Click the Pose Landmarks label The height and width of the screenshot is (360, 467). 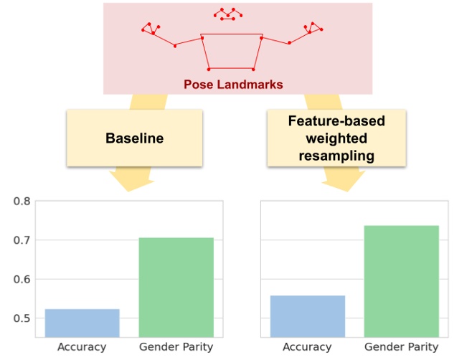pyautogui.click(x=233, y=85)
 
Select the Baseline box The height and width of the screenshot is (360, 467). pyautogui.click(x=134, y=138)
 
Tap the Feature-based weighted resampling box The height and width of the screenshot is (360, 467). pyautogui.click(x=336, y=138)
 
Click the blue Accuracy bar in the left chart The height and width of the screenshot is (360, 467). pyautogui.click(x=82, y=323)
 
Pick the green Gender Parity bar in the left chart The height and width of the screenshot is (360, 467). pyautogui.click(x=176, y=287)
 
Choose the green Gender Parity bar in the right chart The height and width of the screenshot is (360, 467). pyautogui.click(x=401, y=281)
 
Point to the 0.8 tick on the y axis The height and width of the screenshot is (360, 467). pyautogui.click(x=22, y=202)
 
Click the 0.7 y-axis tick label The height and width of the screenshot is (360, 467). pyautogui.click(x=22, y=240)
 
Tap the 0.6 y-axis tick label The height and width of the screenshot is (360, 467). pyautogui.click(x=22, y=280)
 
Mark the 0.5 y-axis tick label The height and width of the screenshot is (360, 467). pyautogui.click(x=22, y=318)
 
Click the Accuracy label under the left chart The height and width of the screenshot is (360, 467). pyautogui.click(x=82, y=347)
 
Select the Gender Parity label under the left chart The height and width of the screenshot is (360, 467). pyautogui.click(x=176, y=347)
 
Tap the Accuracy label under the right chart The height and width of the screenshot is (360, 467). pyautogui.click(x=307, y=347)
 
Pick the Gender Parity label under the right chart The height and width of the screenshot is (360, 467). pyautogui.click(x=401, y=347)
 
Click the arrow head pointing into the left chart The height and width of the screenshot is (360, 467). pyautogui.click(x=130, y=181)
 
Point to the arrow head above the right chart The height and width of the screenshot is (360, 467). pyautogui.click(x=343, y=181)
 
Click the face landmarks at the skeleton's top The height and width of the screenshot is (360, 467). pyautogui.click(x=227, y=14)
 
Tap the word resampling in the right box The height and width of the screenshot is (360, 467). pyautogui.click(x=336, y=154)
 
